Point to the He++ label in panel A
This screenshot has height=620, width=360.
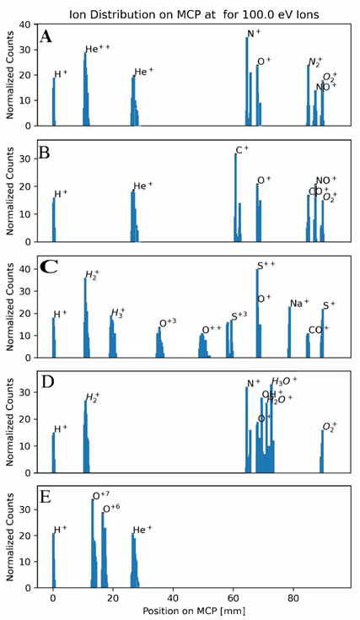pos(97,49)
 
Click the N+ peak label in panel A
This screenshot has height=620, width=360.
pos(253,34)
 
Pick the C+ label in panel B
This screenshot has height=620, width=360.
pos(242,150)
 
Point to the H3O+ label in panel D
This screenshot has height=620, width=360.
pos(282,381)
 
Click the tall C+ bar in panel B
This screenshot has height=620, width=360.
pos(236,198)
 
